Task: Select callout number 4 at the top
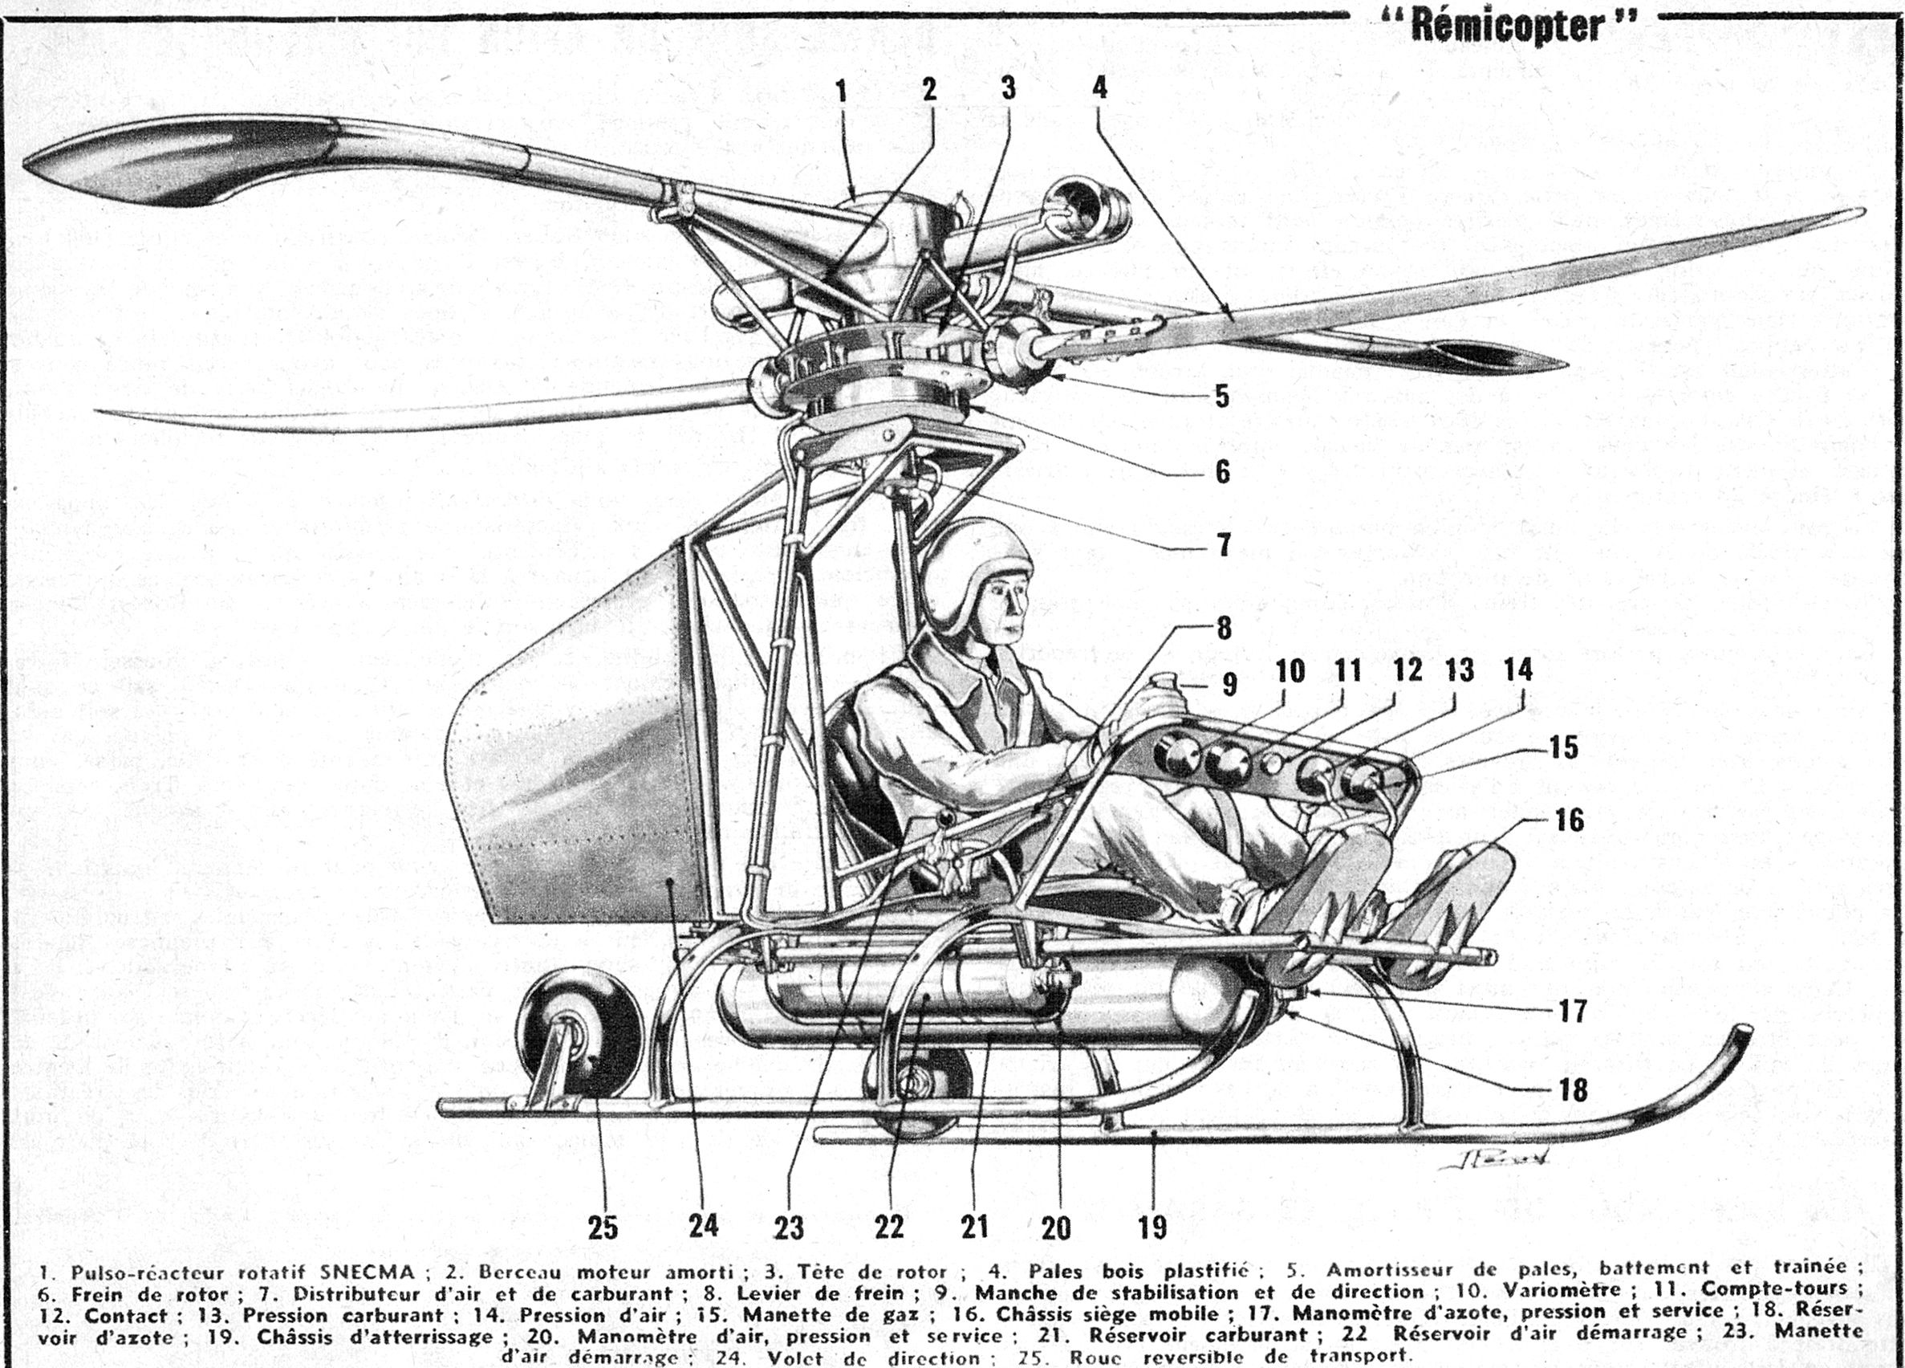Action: pyautogui.click(x=1099, y=87)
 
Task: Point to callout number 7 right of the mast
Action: pyautogui.click(x=1223, y=544)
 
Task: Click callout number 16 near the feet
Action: pyautogui.click(x=1569, y=820)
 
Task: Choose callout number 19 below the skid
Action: pyautogui.click(x=1153, y=1228)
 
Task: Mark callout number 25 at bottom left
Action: pyautogui.click(x=603, y=1228)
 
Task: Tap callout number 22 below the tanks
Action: pyautogui.click(x=888, y=1228)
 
